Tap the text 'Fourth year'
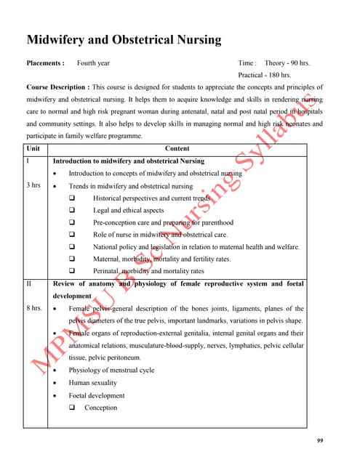pos(94,63)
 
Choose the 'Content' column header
pos(177,148)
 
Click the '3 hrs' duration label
pos(33,186)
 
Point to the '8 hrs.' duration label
pos(34,309)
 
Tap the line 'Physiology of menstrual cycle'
pos(111,371)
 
